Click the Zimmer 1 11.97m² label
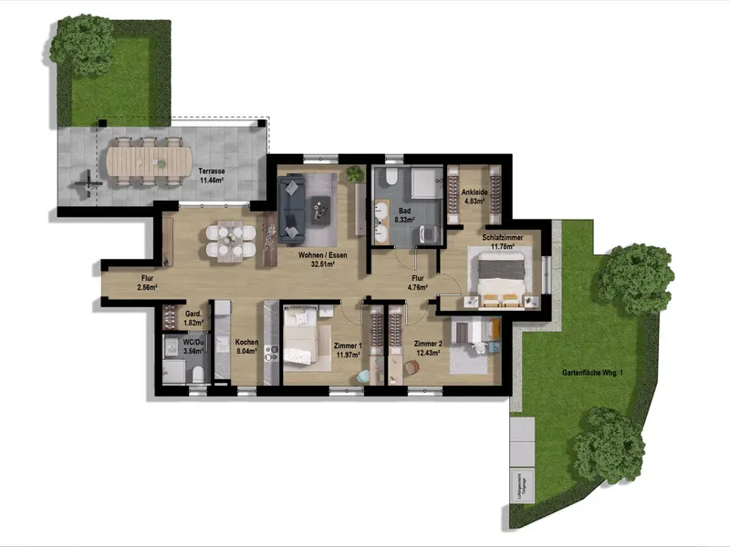click(349, 351)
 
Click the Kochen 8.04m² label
click(247, 346)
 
